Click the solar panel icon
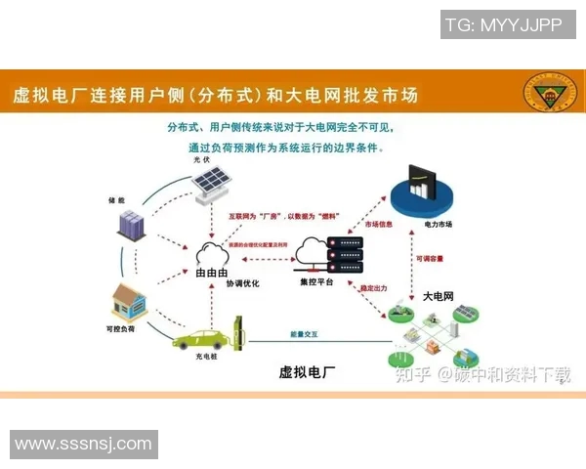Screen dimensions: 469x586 [209, 184]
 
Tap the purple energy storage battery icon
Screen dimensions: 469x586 [131, 225]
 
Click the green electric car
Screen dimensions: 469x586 [201, 337]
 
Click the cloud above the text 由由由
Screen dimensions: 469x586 [212, 253]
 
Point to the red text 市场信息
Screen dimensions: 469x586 [379, 225]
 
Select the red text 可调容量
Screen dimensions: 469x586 [432, 259]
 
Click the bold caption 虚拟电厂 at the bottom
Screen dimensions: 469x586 [308, 372]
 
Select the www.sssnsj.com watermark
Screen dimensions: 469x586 [84, 444]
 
